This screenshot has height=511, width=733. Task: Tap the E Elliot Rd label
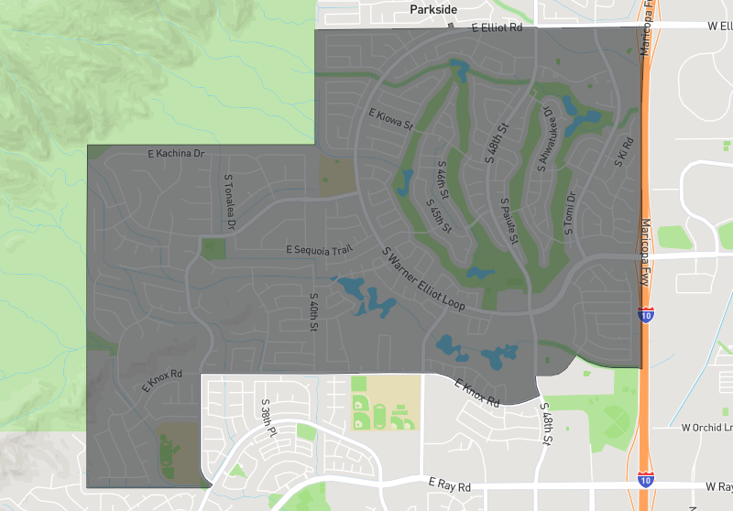pos(497,28)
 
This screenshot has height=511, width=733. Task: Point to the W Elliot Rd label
pos(706,27)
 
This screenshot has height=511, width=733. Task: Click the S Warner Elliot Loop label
pos(425,280)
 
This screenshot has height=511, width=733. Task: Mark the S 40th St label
pos(313,312)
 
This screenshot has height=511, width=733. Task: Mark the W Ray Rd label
pos(704,484)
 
